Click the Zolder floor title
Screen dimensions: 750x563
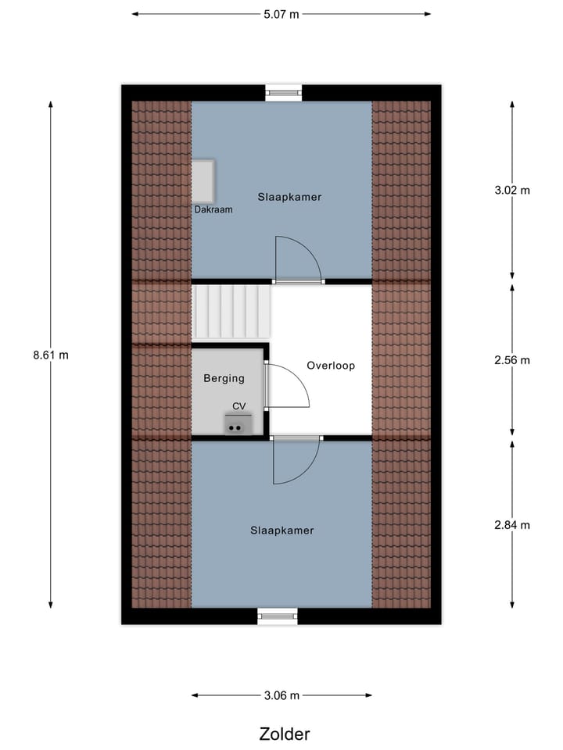(285, 734)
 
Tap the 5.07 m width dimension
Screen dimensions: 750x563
(281, 13)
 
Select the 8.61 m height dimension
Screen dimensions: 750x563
(51, 354)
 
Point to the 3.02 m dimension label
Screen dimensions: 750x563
(512, 190)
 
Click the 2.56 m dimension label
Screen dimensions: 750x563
(512, 360)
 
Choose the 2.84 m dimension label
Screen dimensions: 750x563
(512, 525)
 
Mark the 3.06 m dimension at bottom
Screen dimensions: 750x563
(281, 695)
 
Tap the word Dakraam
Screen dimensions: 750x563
(213, 209)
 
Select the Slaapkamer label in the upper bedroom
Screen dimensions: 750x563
(290, 197)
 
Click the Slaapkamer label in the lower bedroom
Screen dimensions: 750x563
(281, 530)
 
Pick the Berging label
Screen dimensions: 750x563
(224, 378)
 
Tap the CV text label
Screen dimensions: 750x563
(239, 406)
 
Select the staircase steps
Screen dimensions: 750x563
(231, 312)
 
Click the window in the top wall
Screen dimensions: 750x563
(283, 92)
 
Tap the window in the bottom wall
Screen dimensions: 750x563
(278, 616)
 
